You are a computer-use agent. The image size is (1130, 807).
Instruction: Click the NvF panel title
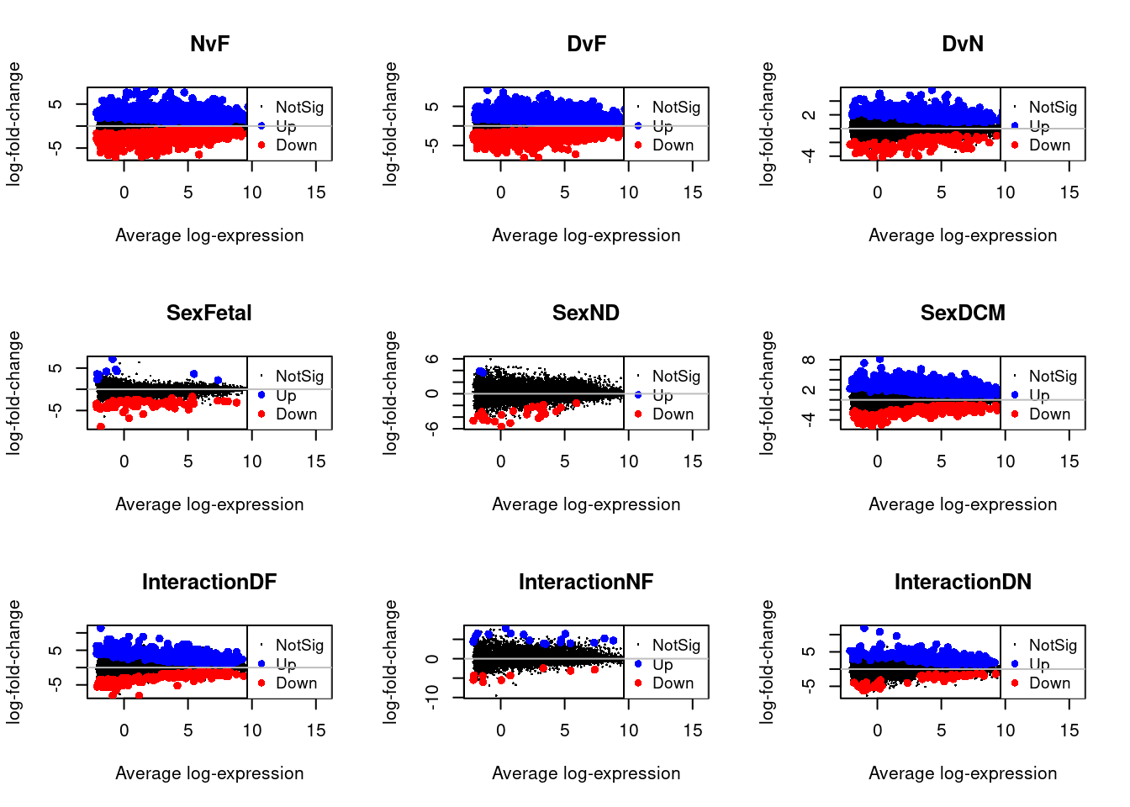pos(209,44)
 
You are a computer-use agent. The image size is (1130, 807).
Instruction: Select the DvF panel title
pos(586,44)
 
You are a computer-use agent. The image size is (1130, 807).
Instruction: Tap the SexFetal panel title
pos(209,313)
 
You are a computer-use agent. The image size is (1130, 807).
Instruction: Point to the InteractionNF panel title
pos(586,582)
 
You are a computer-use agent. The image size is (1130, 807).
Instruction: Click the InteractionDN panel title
pos(963,582)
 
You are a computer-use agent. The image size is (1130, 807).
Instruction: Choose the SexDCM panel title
pos(963,313)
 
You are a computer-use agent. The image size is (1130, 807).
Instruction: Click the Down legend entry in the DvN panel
pos(1049,145)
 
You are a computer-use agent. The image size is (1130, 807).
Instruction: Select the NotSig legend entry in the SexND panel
pos(676,376)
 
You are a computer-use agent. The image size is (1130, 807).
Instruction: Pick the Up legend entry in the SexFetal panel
pos(286,395)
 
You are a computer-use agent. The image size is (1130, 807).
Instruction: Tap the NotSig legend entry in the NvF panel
pos(299,107)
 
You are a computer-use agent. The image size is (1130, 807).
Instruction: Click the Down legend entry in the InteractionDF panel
pos(296,683)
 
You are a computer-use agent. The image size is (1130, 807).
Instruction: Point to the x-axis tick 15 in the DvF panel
pos(693,193)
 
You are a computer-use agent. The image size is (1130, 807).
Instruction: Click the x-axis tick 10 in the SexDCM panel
pos(1006,462)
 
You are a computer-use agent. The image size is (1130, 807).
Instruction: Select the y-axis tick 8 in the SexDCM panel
pos(809,360)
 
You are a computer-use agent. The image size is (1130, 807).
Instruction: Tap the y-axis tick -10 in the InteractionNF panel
pos(432,697)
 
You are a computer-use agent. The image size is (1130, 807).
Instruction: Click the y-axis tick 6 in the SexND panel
pos(432,359)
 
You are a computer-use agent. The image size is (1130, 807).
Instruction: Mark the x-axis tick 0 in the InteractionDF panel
pos(124,731)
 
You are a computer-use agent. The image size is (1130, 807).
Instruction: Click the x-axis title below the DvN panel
pos(963,235)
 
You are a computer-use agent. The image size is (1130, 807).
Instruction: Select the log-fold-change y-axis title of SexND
pos(390,393)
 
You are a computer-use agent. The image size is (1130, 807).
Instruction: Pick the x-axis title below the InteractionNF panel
pos(586,773)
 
